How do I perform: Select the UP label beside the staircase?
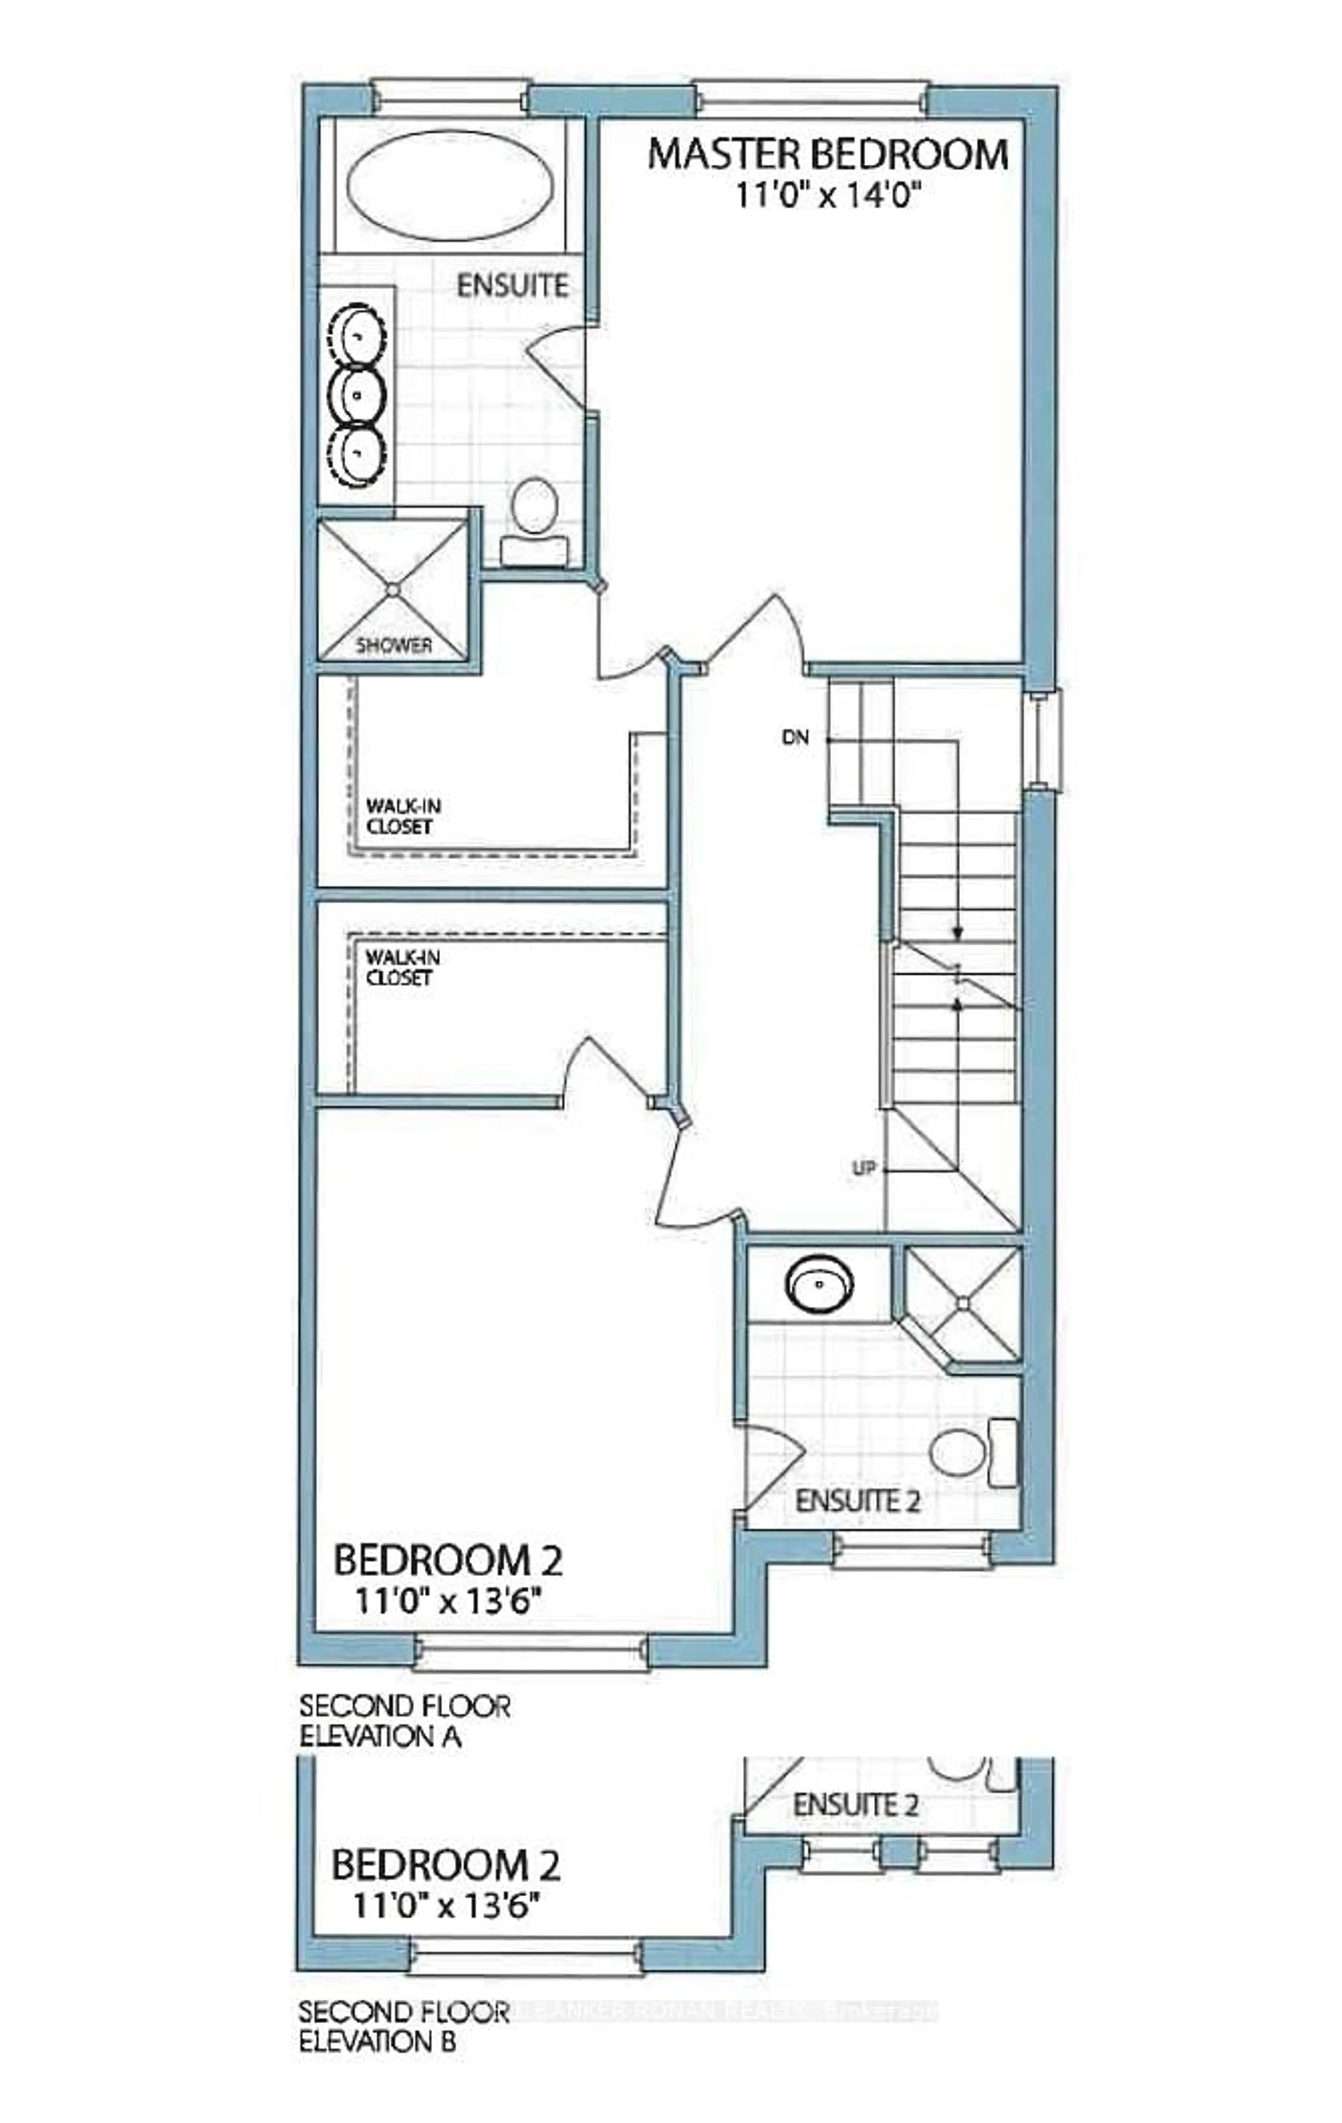click(863, 1168)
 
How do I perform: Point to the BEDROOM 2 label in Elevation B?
click(445, 1865)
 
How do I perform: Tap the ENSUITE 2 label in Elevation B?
click(855, 1804)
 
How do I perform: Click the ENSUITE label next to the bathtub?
click(511, 286)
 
